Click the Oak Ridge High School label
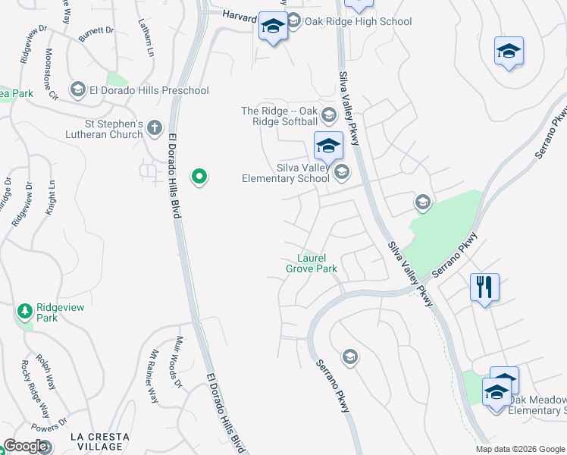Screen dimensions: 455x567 pyautogui.click(x=358, y=22)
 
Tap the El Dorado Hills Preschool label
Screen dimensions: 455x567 pyautogui.click(x=149, y=91)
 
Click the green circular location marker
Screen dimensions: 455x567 pyautogui.click(x=199, y=177)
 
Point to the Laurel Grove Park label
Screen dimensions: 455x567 pyautogui.click(x=312, y=263)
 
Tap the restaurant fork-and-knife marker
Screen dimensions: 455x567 pyautogui.click(x=484, y=287)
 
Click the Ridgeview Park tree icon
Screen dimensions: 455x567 pyautogui.click(x=25, y=310)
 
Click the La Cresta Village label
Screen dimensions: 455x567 pyautogui.click(x=96, y=441)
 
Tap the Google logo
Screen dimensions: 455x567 pyautogui.click(x=25, y=447)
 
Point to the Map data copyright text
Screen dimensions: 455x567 pyautogui.click(x=520, y=449)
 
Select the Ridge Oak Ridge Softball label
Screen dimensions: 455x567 pyautogui.click(x=280, y=116)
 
